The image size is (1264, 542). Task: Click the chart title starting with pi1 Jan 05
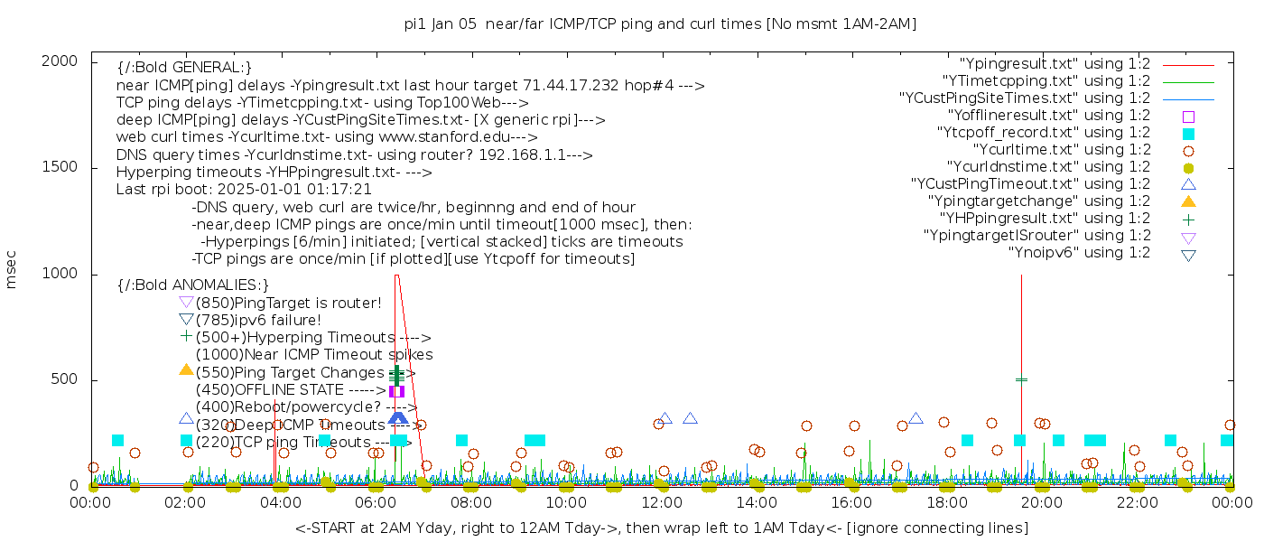coord(660,24)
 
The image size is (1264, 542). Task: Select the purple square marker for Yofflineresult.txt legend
coord(1188,117)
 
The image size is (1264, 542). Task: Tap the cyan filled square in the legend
coord(1188,134)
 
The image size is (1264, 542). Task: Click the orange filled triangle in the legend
coord(1188,201)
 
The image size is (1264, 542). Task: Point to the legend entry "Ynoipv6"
coord(1079,253)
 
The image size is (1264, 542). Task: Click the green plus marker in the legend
coord(1188,219)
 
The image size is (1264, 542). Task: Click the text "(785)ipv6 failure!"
coord(258,321)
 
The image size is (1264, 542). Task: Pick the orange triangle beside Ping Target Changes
coord(186,369)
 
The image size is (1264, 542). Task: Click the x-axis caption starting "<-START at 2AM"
coord(661,528)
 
